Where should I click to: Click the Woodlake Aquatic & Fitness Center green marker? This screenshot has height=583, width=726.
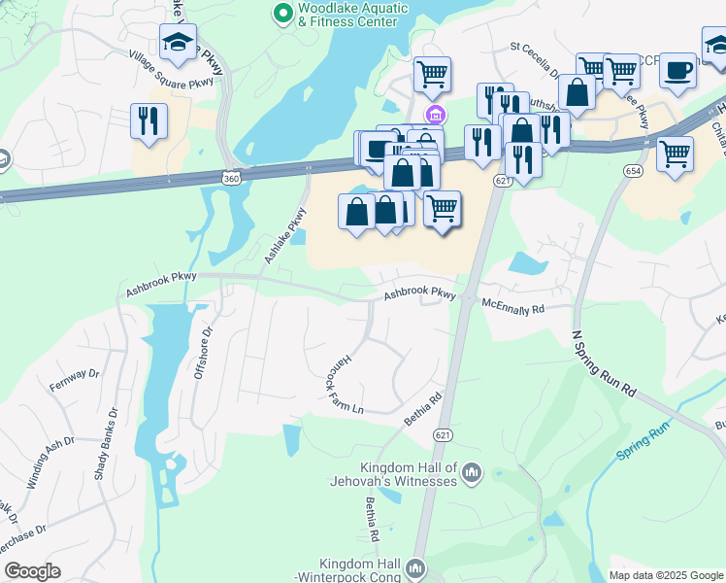click(x=282, y=13)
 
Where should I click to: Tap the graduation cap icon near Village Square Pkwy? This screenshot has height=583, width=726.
click(x=178, y=42)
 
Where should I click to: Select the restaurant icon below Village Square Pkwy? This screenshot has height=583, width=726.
click(x=148, y=121)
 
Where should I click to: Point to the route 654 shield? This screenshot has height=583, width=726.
click(x=633, y=170)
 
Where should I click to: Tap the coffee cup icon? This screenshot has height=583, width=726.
click(x=678, y=70)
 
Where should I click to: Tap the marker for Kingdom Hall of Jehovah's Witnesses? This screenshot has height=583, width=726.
click(x=473, y=473)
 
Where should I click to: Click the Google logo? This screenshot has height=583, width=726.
click(x=32, y=571)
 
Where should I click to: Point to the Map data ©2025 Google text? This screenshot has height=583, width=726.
click(x=665, y=575)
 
